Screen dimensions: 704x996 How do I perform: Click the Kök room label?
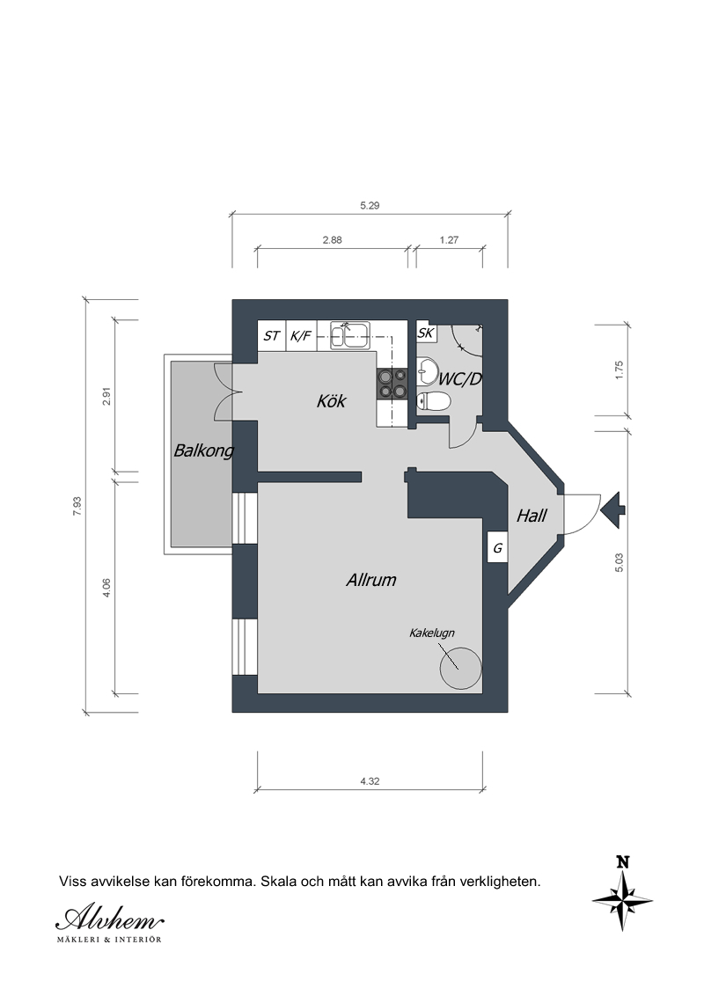[331, 401]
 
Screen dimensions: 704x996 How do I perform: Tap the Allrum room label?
[371, 579]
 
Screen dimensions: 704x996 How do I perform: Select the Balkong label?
[203, 451]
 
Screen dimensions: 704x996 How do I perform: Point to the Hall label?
[532, 515]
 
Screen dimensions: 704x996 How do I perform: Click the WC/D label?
[460, 379]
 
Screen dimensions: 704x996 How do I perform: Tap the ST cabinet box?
[271, 335]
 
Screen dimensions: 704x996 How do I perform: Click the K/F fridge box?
[301, 335]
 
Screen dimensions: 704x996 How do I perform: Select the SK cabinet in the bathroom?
[426, 333]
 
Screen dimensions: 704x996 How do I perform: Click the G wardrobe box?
[497, 547]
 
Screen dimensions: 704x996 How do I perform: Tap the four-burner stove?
[392, 384]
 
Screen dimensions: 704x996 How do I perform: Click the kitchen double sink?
[350, 334]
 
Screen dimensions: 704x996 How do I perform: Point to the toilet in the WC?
[433, 401]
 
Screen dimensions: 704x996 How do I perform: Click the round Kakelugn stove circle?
[460, 668]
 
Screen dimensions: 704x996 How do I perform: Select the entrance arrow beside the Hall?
[613, 509]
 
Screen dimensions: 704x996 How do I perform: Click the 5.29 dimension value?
[370, 205]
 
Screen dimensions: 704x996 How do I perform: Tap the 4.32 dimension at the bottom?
[370, 781]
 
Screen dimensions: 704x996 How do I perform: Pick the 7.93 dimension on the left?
[77, 506]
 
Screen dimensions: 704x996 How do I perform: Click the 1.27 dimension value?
[449, 239]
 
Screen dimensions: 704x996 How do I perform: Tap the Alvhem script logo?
[109, 918]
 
